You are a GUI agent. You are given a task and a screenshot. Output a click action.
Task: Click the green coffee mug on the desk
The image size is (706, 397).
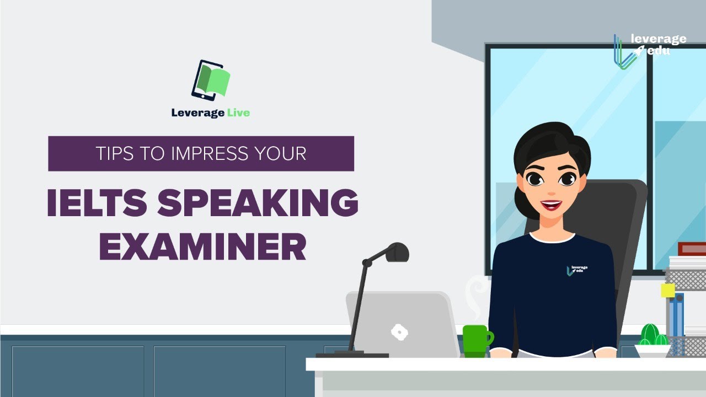click(x=476, y=340)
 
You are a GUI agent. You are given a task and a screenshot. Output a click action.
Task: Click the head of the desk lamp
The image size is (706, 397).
click(x=398, y=252)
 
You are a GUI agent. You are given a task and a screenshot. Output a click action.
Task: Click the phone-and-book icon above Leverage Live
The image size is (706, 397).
click(x=210, y=80)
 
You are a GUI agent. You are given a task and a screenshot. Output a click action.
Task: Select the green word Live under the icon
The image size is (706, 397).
click(x=238, y=113)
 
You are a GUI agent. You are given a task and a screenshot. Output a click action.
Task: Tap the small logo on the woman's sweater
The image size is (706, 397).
click(x=577, y=270)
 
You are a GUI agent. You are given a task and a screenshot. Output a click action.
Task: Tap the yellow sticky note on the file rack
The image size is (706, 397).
click(x=668, y=291)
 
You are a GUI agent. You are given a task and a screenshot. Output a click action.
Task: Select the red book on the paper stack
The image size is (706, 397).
click(x=692, y=249)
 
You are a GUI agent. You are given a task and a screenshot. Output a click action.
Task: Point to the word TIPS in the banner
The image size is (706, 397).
click(x=114, y=153)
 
